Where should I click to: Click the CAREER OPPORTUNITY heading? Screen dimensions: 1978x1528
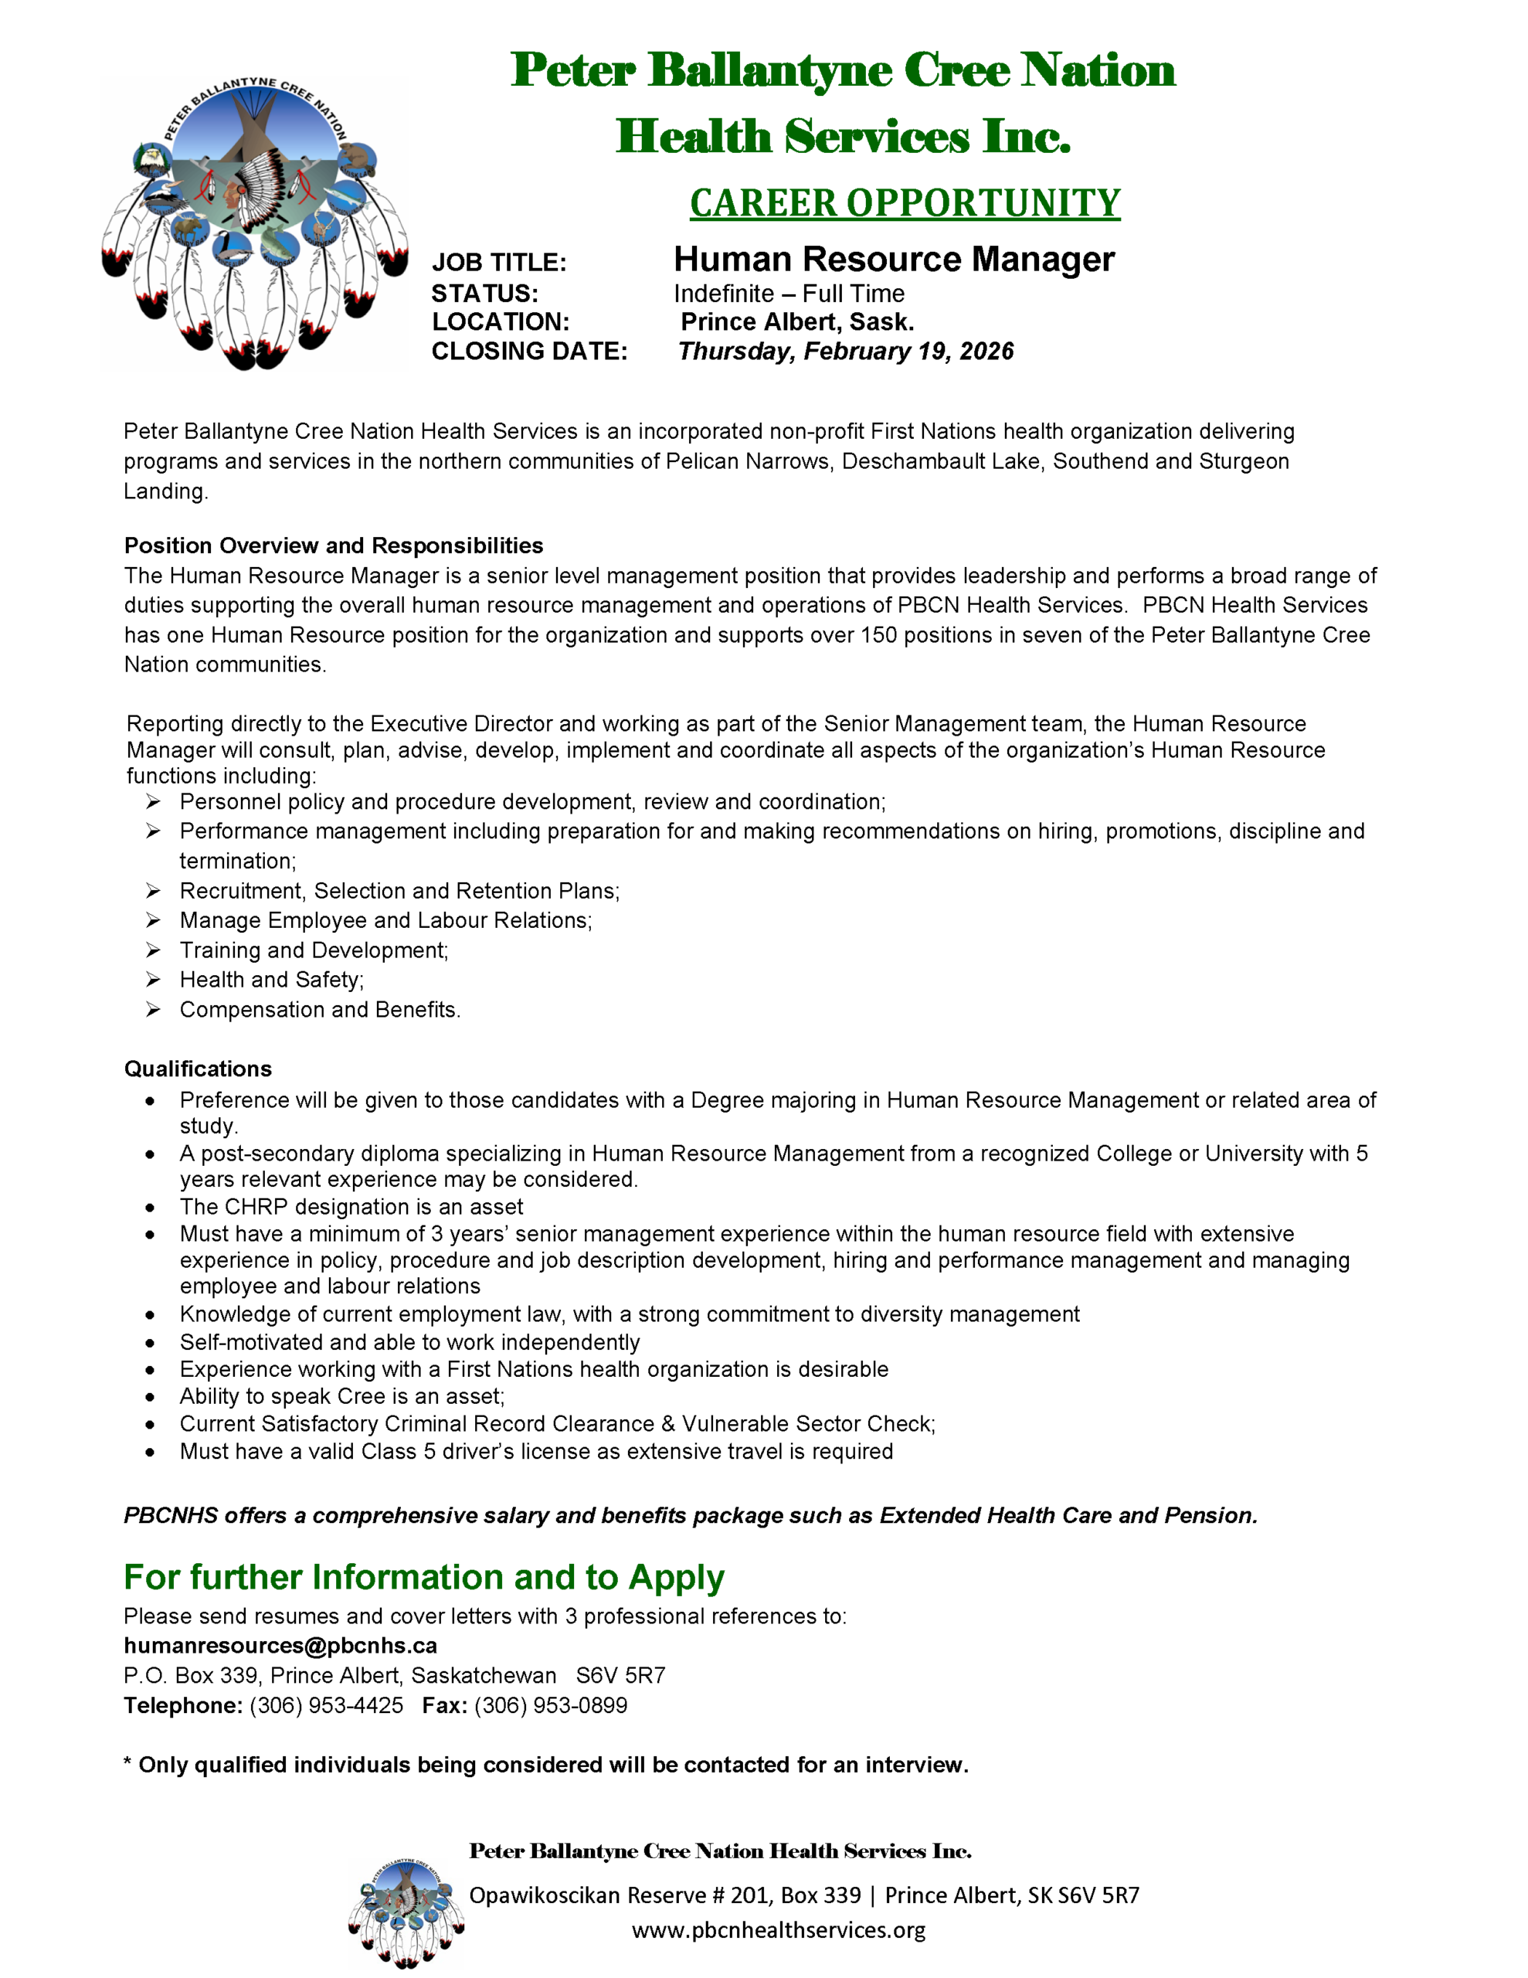[x=904, y=203]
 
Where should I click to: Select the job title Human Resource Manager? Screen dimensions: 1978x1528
[x=893, y=260]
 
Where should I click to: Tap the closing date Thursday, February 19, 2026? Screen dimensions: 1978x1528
[x=845, y=352]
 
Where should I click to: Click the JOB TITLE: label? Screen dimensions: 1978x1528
[x=499, y=263]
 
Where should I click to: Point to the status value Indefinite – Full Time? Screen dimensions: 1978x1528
[x=788, y=294]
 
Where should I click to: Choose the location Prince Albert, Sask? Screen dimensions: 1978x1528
[x=797, y=322]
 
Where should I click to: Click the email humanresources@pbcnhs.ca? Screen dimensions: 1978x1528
[x=280, y=1646]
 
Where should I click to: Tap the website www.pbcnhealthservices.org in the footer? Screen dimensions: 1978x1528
[x=778, y=1929]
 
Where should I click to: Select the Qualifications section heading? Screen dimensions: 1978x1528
[x=198, y=1069]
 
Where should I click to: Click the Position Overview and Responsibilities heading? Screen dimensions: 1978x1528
[x=333, y=545]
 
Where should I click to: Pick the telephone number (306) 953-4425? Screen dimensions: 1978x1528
[x=326, y=1705]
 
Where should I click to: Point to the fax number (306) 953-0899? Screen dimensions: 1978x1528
[x=551, y=1705]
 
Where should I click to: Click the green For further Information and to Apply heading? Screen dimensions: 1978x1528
[x=424, y=1577]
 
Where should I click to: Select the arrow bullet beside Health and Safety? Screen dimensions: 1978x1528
[x=153, y=979]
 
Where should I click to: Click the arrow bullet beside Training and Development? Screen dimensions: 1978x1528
[x=153, y=950]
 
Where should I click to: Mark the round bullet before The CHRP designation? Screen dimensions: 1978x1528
[x=151, y=1207]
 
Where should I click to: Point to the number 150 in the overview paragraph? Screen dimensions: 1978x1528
[x=878, y=635]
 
